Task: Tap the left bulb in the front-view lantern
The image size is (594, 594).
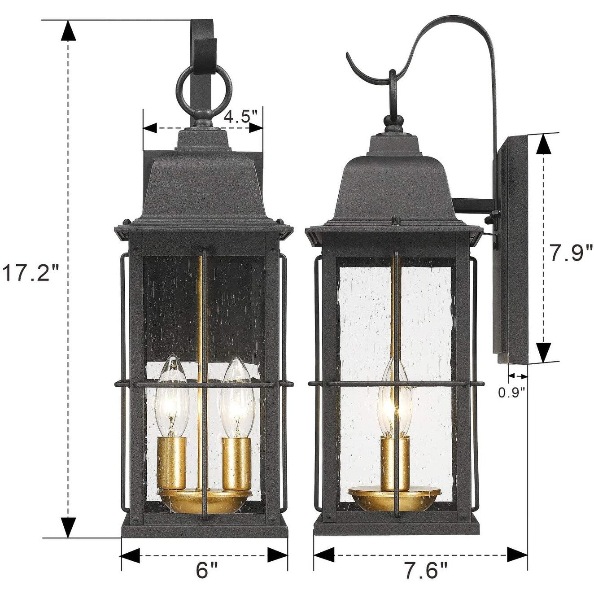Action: tap(171, 395)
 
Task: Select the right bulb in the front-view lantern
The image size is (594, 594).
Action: tap(236, 395)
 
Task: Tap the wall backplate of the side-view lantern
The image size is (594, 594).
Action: tap(511, 247)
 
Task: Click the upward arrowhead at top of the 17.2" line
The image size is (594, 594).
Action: tap(68, 30)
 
